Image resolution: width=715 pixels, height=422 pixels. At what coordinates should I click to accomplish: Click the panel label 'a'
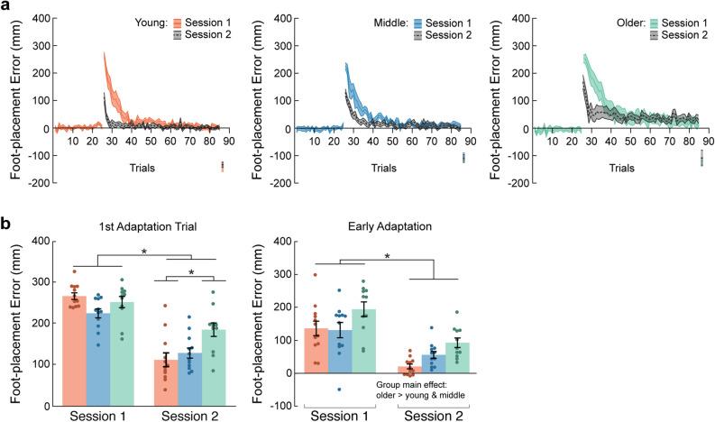coord(6,7)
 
